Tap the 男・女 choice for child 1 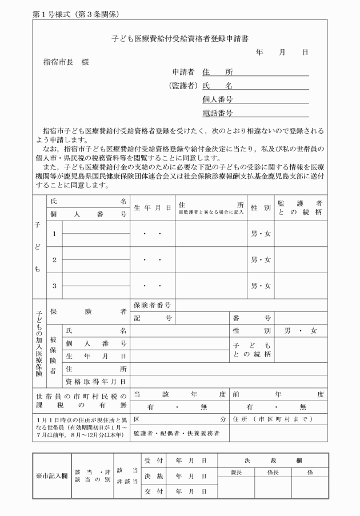261,234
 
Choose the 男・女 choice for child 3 261,285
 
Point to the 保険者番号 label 152,305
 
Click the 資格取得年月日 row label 96,381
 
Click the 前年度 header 278,394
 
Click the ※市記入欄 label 52,475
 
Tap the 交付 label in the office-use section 150,491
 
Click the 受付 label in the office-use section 150,460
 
